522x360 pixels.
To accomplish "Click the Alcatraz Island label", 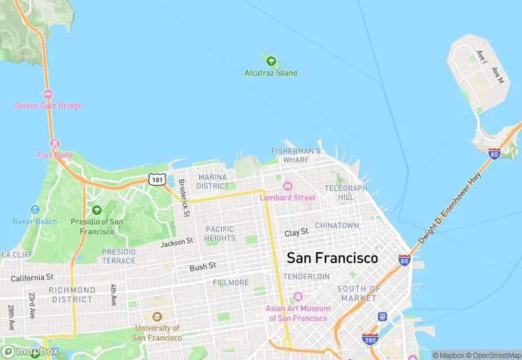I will click(271, 73).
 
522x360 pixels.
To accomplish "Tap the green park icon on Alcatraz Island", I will click(271, 61).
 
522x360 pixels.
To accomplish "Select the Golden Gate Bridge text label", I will click(48, 106).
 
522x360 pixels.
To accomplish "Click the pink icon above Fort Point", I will click(55, 144).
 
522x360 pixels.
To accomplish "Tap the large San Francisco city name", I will click(332, 258).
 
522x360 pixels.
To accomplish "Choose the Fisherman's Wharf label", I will click(296, 155).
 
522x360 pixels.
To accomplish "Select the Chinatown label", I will click(337, 225).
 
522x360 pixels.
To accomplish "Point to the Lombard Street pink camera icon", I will click(287, 186).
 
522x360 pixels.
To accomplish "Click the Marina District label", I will click(212, 181).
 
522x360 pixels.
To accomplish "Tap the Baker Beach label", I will click(35, 221).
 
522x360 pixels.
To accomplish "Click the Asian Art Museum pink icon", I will click(297, 297).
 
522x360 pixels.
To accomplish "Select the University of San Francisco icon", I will click(157, 317).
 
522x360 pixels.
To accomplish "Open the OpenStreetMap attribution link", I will click(492, 355).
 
